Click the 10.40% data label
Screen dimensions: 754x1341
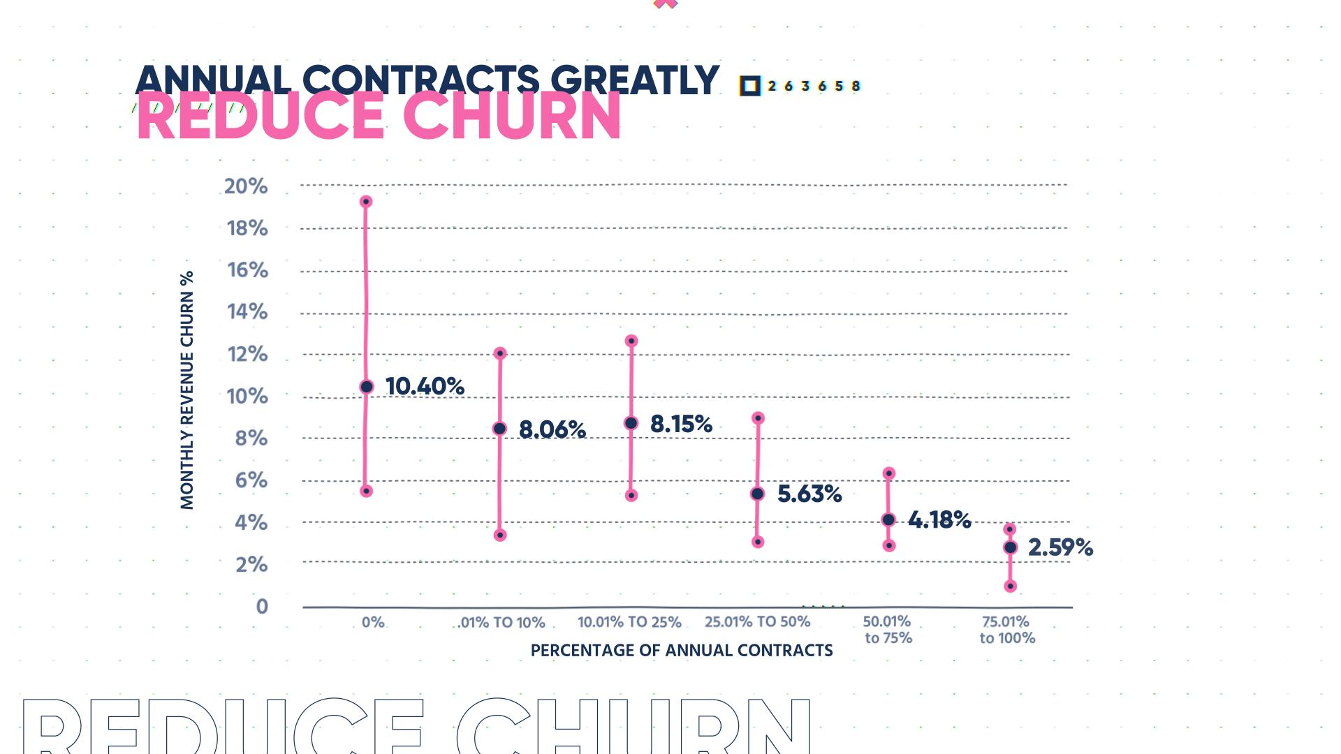(x=425, y=386)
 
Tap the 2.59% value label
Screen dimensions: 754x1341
(x=1060, y=547)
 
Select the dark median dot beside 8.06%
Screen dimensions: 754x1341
(x=499, y=429)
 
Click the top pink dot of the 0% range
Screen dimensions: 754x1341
(x=365, y=202)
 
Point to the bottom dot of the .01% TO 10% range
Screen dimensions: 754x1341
(x=500, y=535)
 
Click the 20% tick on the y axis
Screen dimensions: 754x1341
(x=246, y=186)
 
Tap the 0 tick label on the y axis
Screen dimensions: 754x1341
(x=262, y=606)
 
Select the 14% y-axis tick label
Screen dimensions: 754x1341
(x=247, y=311)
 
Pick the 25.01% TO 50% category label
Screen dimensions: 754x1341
(x=757, y=621)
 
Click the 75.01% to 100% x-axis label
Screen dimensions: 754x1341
(x=1006, y=629)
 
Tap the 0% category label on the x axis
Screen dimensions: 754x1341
(x=373, y=621)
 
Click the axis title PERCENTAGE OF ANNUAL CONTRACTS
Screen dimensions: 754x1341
(x=682, y=651)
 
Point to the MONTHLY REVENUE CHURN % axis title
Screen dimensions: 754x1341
(x=186, y=390)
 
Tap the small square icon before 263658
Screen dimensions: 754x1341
(x=750, y=86)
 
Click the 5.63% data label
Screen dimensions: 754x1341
(x=809, y=494)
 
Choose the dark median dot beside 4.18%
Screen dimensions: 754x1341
(x=888, y=519)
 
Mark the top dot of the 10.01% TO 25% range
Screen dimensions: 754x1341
(x=631, y=341)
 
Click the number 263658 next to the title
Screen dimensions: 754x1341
(x=814, y=86)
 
